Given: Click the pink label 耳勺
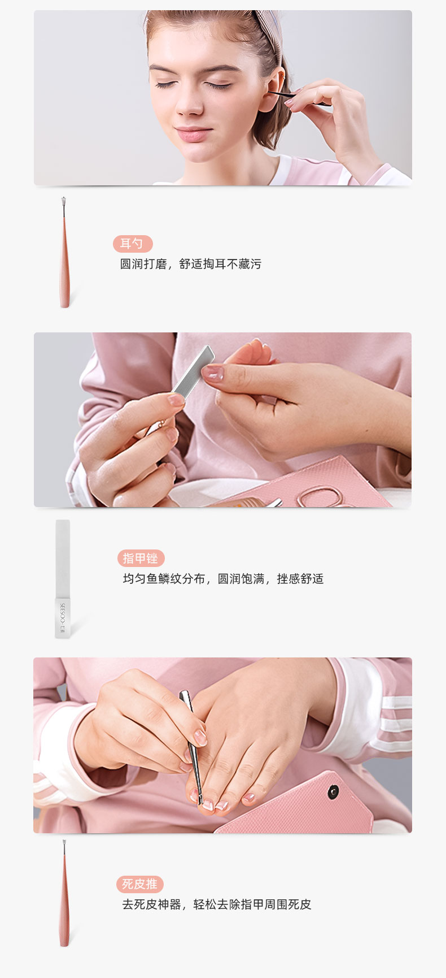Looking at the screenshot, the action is tap(133, 244).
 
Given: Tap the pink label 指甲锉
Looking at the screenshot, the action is tap(141, 558).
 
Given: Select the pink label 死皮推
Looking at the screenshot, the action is tap(139, 884).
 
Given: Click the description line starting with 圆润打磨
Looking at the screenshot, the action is tap(190, 264).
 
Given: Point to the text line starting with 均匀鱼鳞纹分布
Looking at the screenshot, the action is tap(223, 579).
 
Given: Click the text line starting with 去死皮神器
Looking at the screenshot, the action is tap(217, 905).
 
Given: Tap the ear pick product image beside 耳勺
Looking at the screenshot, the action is tap(64, 252).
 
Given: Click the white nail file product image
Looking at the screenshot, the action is tap(63, 579).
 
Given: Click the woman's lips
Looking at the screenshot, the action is tap(193, 134).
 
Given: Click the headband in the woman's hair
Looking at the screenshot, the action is tap(268, 28).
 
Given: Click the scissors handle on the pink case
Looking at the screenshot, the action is tap(318, 496).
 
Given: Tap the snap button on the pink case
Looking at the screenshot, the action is tap(333, 791).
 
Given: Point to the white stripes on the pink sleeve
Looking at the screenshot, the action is tap(395, 723).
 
